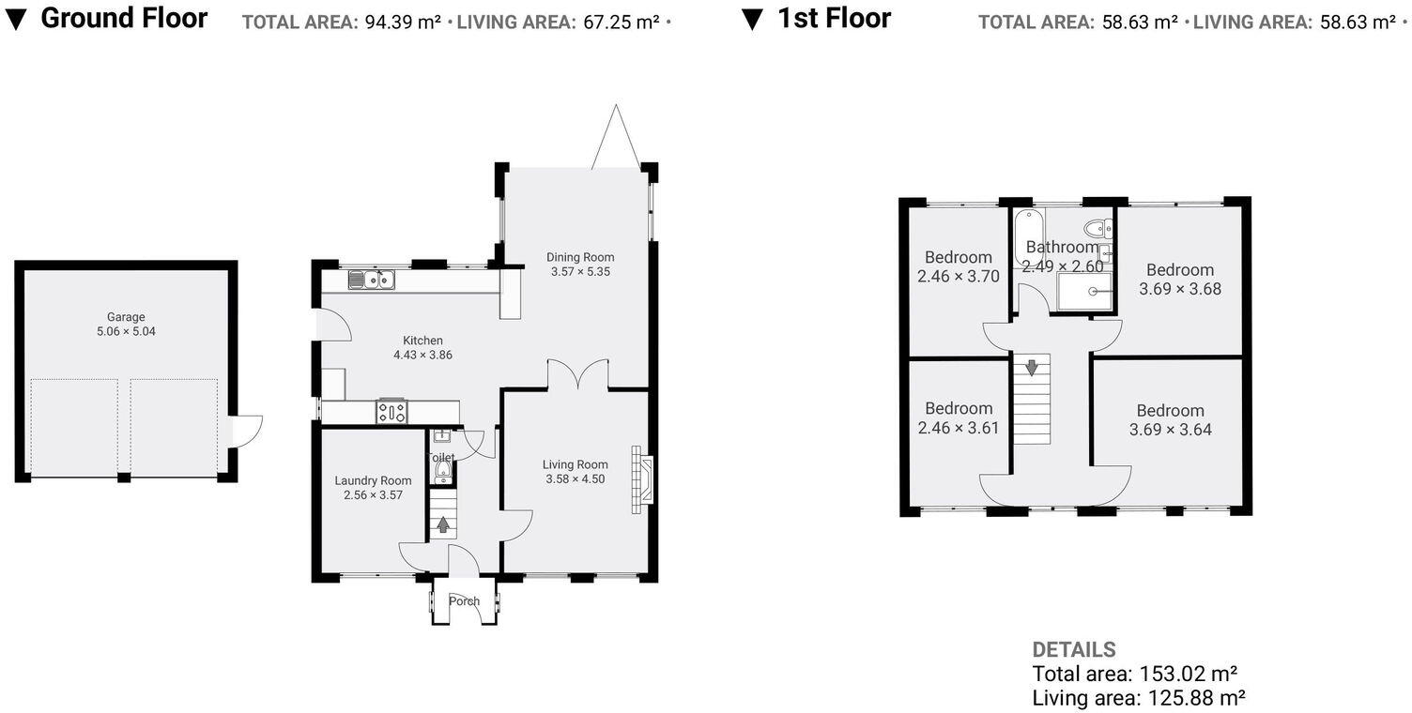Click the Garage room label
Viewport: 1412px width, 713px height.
[126, 317]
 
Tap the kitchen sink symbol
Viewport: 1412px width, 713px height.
[371, 280]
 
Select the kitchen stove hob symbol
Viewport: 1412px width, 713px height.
[391, 412]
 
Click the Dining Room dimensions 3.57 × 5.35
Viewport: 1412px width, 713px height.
[580, 271]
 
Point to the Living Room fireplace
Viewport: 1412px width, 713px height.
[642, 480]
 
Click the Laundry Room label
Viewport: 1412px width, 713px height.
[373, 480]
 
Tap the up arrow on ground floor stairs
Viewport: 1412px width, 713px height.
[443, 524]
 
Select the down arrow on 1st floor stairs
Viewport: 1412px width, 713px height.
[1031, 367]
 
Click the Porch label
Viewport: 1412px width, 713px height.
[464, 600]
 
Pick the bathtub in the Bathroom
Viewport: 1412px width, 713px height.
[1029, 238]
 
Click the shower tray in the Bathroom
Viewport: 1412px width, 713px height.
[1084, 292]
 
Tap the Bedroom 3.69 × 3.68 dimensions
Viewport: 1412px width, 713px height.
[1180, 288]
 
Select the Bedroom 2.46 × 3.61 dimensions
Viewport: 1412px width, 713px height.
[959, 429]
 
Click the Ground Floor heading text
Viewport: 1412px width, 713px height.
[124, 18]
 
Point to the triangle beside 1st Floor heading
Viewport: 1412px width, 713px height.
[752, 20]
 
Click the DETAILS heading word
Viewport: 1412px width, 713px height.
[1074, 649]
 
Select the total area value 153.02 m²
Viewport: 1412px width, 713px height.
[1189, 674]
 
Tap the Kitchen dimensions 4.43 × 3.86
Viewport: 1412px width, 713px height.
[423, 355]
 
